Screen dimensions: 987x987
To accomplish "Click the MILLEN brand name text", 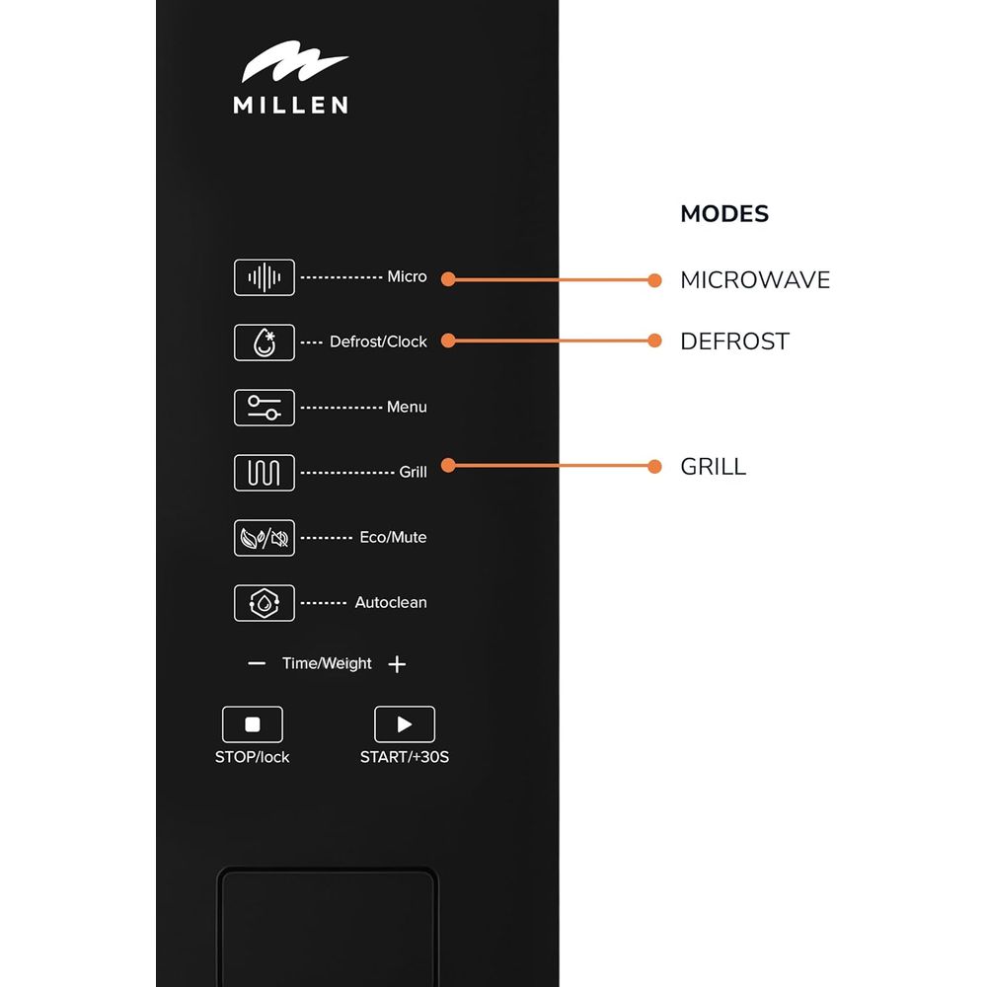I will pyautogui.click(x=290, y=104).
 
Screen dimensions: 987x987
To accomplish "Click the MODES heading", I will pyautogui.click(x=724, y=213).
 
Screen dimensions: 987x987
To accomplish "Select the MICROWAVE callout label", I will pyautogui.click(x=755, y=280).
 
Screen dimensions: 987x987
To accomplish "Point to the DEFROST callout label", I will pyautogui.click(x=735, y=342).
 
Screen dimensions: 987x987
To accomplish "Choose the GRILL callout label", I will pyautogui.click(x=714, y=467).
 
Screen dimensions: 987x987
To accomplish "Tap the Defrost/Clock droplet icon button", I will pyautogui.click(x=264, y=342).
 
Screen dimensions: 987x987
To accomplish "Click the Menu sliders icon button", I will pyautogui.click(x=264, y=407).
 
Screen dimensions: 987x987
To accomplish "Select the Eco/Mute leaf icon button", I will pyautogui.click(x=264, y=537).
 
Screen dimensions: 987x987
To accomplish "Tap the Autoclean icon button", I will pyautogui.click(x=264, y=602).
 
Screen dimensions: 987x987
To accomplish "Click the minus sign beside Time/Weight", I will pyautogui.click(x=257, y=664).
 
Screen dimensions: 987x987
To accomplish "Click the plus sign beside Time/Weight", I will pyautogui.click(x=397, y=664).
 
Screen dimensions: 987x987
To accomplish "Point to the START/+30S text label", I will pyautogui.click(x=406, y=757).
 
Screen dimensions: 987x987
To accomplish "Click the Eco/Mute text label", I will pyautogui.click(x=393, y=538).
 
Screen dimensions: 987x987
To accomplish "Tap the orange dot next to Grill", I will pyautogui.click(x=448, y=466).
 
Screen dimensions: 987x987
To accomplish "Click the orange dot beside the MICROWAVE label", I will pyautogui.click(x=654, y=280).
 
